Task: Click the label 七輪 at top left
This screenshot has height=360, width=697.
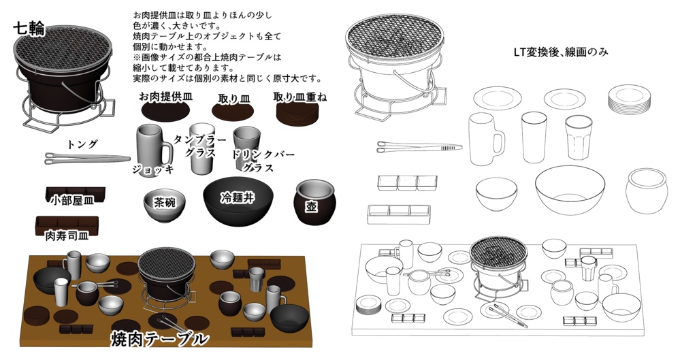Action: [x=29, y=29]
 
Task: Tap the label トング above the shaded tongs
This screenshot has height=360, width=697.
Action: [x=82, y=144]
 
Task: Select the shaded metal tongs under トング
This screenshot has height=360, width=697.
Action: [x=86, y=158]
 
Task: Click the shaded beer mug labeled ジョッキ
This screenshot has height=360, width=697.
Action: [x=151, y=146]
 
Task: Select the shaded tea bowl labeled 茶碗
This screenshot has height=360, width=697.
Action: [x=164, y=206]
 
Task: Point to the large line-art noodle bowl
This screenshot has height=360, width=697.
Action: [x=570, y=189]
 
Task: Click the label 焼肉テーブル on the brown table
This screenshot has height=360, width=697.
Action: [x=159, y=338]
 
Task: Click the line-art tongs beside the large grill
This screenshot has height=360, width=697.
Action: [x=419, y=146]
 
